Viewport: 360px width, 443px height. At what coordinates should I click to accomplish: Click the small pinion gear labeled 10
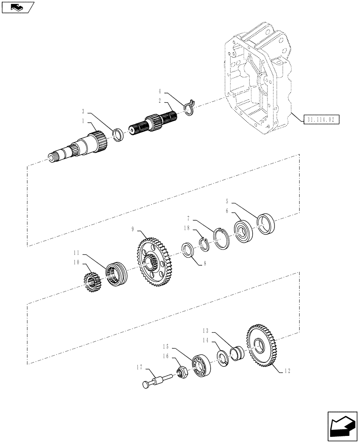90,281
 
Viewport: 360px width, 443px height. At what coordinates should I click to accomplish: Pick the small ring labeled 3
118,134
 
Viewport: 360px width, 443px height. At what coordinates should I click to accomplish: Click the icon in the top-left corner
17,7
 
